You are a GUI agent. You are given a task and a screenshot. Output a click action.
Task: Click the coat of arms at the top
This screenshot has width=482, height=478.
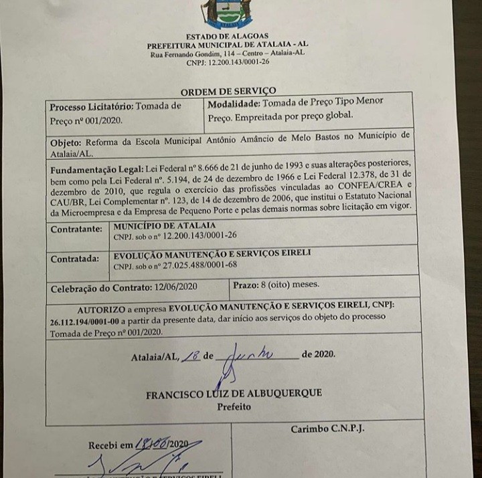[x=228, y=13]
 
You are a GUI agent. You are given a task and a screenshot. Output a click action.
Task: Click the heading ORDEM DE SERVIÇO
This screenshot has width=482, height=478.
[x=228, y=92]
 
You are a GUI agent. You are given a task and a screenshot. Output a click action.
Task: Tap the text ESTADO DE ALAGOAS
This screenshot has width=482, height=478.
[x=228, y=36]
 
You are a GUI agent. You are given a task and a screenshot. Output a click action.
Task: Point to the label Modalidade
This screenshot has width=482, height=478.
[x=234, y=102]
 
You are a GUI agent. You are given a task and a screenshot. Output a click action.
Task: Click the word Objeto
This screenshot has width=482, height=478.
[x=66, y=142]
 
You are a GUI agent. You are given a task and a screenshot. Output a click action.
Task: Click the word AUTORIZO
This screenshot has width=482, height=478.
[x=100, y=310]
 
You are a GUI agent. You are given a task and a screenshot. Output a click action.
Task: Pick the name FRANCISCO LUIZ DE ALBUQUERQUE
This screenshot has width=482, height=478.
[x=234, y=394]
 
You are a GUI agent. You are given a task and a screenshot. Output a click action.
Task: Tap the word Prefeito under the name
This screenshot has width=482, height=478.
[x=234, y=406]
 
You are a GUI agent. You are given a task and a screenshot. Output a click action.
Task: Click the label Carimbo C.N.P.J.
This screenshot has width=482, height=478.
[x=327, y=429]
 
